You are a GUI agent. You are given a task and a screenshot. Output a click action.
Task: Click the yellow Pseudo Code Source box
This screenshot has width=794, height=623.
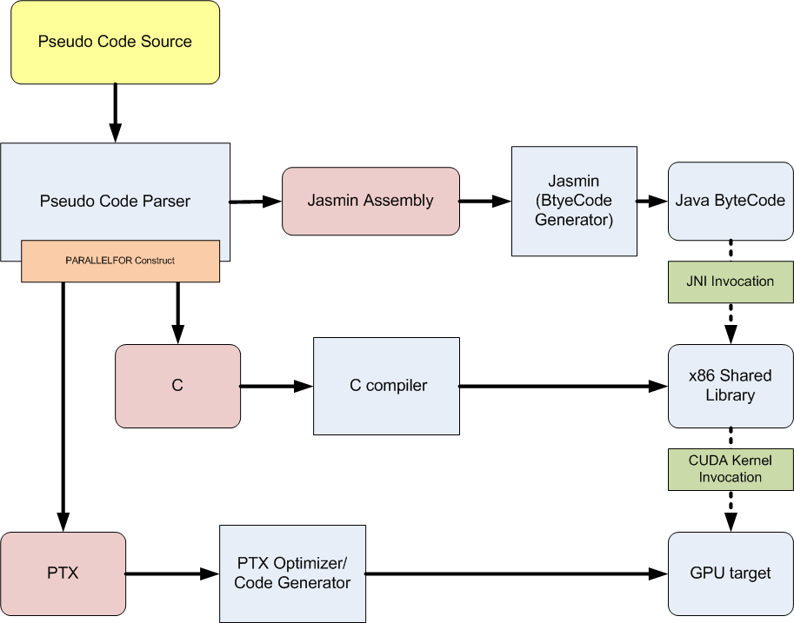[x=115, y=42]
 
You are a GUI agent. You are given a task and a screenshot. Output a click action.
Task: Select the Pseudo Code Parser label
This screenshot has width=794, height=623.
[x=115, y=201]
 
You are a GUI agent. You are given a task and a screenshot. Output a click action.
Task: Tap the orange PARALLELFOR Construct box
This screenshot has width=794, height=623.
[x=120, y=261]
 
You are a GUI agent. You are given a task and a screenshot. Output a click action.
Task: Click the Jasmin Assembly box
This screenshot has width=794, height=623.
[x=370, y=201]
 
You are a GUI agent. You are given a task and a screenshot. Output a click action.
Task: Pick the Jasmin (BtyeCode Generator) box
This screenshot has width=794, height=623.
[x=573, y=201]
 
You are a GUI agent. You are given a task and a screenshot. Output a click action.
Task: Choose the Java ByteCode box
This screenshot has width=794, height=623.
[x=730, y=201]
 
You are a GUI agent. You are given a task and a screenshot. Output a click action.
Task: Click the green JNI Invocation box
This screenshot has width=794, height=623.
[x=730, y=282]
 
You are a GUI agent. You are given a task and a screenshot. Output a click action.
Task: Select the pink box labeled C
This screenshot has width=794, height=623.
[x=177, y=386]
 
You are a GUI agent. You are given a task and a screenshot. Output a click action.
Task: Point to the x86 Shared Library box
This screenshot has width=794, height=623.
[x=730, y=386]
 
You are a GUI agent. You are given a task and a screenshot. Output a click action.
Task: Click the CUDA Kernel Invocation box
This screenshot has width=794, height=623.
[x=730, y=468]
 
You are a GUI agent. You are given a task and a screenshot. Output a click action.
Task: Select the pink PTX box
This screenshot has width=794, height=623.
[x=63, y=573]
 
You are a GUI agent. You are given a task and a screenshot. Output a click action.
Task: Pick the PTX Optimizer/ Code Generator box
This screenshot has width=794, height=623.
[x=292, y=573]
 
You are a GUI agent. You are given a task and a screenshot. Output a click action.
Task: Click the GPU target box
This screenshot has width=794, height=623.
[x=730, y=573]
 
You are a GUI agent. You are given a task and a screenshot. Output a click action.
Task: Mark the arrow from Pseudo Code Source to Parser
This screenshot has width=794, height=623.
[x=115, y=113]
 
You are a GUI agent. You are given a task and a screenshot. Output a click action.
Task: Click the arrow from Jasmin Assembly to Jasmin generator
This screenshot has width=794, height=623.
[x=484, y=201]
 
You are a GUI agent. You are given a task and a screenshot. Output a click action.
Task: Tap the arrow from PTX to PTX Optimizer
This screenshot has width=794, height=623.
[x=172, y=573]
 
